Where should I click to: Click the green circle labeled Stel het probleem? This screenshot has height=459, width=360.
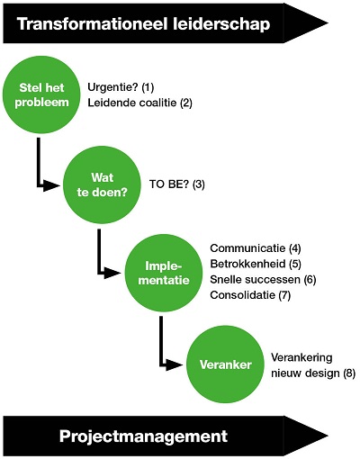(x=41, y=94)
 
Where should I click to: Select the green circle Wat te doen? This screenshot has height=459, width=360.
(x=102, y=184)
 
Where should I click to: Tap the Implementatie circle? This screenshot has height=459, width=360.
(x=164, y=273)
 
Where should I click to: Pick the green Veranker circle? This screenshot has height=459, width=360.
(x=226, y=364)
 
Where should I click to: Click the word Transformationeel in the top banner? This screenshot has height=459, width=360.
(x=92, y=24)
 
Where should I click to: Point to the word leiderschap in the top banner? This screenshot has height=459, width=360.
(x=221, y=24)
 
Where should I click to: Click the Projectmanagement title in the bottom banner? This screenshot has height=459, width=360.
(x=143, y=436)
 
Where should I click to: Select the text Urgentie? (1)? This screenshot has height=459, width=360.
(x=121, y=87)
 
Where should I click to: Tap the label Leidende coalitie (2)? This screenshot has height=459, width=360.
(x=139, y=103)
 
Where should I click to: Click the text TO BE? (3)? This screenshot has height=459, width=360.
(x=177, y=184)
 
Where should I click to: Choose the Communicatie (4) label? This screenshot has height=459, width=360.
(x=256, y=248)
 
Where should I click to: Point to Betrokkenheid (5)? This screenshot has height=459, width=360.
(x=256, y=264)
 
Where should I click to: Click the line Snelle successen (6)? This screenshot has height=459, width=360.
(x=263, y=279)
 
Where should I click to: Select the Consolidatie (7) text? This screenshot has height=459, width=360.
(x=250, y=295)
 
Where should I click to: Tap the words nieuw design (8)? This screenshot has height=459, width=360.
(x=313, y=373)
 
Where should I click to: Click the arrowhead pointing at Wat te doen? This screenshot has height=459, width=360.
(x=51, y=185)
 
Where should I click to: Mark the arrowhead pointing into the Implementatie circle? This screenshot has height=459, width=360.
(x=112, y=273)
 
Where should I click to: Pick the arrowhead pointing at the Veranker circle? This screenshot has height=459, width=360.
(x=175, y=364)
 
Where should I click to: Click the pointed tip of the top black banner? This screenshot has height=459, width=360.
(x=328, y=23)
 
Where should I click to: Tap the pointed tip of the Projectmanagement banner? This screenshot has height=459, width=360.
(x=328, y=436)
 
